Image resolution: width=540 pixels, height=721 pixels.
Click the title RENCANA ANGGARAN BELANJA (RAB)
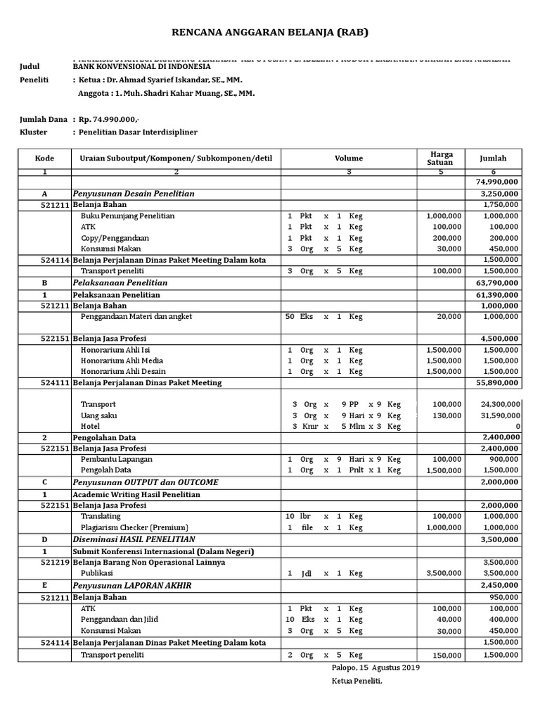[270, 32]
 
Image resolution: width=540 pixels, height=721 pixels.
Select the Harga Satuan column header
[441, 158]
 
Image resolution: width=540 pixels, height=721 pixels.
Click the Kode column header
[44, 158]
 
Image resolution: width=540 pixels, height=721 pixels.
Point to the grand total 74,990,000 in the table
[497, 182]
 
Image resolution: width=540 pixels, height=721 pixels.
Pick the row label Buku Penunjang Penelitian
[127, 215]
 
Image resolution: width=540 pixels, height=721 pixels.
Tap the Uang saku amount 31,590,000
[497, 415]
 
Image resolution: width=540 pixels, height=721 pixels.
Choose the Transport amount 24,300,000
[497, 404]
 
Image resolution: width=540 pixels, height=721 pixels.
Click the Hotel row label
[90, 426]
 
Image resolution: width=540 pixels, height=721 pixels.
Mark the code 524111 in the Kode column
[54, 382]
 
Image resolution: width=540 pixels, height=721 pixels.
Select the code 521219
[54, 562]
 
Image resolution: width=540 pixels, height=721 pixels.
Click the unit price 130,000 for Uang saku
[447, 415]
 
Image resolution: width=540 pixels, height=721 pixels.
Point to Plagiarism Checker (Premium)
[134, 527]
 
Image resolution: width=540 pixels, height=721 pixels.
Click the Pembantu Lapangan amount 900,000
[502, 459]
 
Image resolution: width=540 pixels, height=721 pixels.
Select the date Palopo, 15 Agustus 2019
[375, 667]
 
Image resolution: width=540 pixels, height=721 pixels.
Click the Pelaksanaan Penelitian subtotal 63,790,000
[497, 282]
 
